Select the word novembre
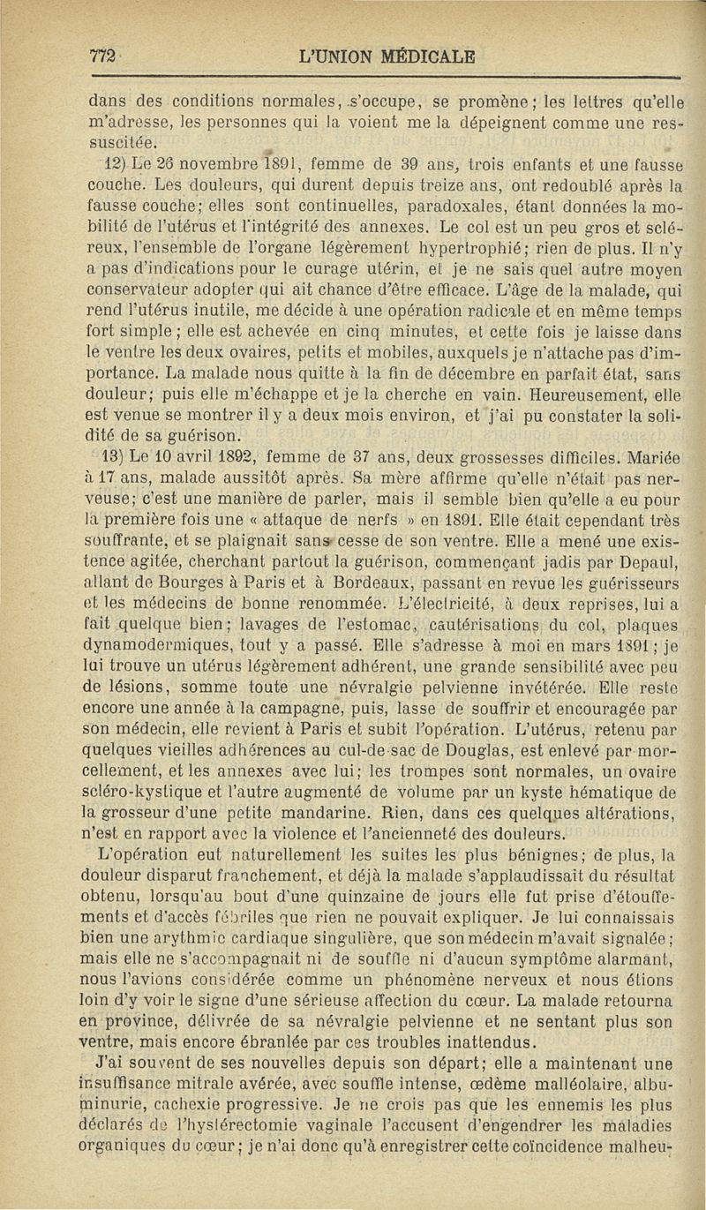pos(197,164)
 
